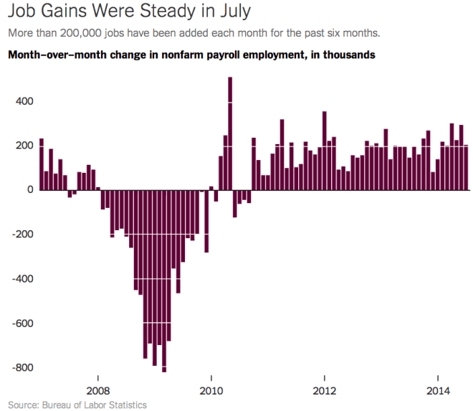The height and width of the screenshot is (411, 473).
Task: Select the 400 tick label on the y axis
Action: click(x=25, y=101)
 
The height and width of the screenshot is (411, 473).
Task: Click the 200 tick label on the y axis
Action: click(x=25, y=146)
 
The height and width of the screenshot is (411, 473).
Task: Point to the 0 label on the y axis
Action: click(x=30, y=190)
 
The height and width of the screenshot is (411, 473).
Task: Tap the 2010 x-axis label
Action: click(x=211, y=391)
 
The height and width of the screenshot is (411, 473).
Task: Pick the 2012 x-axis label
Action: click(x=325, y=391)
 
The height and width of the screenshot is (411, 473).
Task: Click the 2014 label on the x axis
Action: click(x=439, y=391)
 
